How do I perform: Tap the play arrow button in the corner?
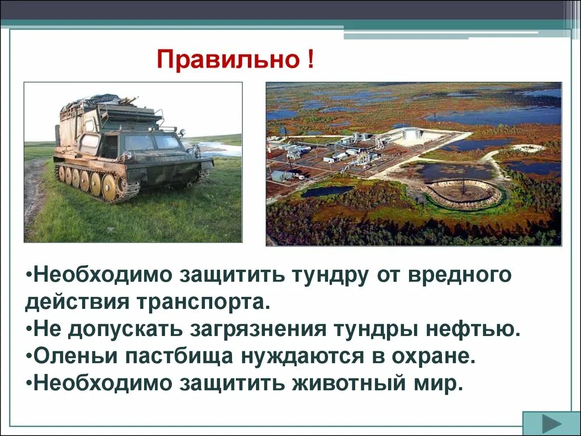tap(551, 424)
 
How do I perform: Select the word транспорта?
tap(201, 302)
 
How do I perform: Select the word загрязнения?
tap(232, 329)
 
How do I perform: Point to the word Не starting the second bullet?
tap(47, 329)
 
